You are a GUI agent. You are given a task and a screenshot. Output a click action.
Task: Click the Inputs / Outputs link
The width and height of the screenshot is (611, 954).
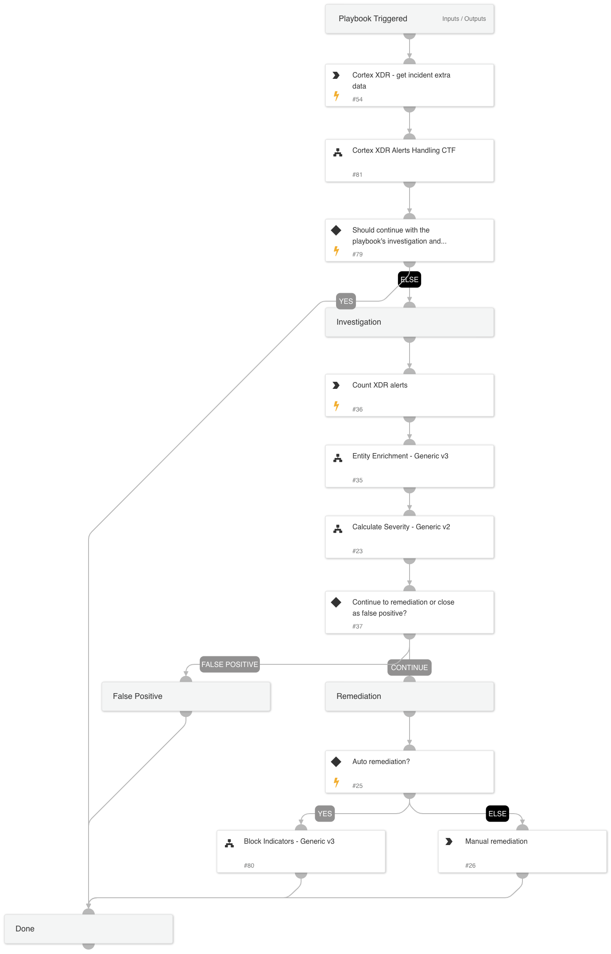pyautogui.click(x=464, y=19)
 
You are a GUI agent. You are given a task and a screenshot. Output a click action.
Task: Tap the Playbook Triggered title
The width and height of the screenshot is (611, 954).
pyautogui.click(x=373, y=19)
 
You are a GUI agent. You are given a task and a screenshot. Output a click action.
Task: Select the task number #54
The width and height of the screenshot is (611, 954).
pyautogui.click(x=357, y=100)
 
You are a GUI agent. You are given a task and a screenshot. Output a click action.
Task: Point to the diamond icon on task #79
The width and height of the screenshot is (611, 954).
pyautogui.click(x=336, y=230)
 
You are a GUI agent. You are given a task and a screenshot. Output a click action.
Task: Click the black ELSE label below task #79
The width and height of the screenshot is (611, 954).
pyautogui.click(x=410, y=279)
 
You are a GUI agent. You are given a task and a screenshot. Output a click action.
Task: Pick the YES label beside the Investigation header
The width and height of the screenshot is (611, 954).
pyautogui.click(x=346, y=301)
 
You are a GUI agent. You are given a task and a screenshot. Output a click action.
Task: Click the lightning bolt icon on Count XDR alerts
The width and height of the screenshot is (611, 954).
pyautogui.click(x=336, y=406)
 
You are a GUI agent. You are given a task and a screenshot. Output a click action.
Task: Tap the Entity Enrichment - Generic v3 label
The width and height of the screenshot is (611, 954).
pyautogui.click(x=400, y=456)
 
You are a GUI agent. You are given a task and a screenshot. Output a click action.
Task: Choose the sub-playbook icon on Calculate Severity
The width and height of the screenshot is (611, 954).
pyautogui.click(x=338, y=529)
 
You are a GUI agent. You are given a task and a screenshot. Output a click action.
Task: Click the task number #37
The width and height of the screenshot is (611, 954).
pyautogui.click(x=357, y=626)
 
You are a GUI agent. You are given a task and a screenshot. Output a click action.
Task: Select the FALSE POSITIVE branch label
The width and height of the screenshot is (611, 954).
pyautogui.click(x=229, y=664)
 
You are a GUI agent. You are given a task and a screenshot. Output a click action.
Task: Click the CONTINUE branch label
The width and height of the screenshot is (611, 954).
pyautogui.click(x=409, y=667)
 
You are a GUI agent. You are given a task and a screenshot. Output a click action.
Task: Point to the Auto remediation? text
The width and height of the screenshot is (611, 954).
pyautogui.click(x=381, y=762)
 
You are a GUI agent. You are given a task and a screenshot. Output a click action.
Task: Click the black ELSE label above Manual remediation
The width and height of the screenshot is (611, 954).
pyautogui.click(x=497, y=814)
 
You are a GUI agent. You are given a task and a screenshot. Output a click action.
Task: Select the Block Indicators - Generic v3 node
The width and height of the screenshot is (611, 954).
pyautogui.click(x=301, y=851)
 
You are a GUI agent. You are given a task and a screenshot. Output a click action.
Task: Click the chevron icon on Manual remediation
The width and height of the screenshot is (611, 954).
pyautogui.click(x=449, y=842)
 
